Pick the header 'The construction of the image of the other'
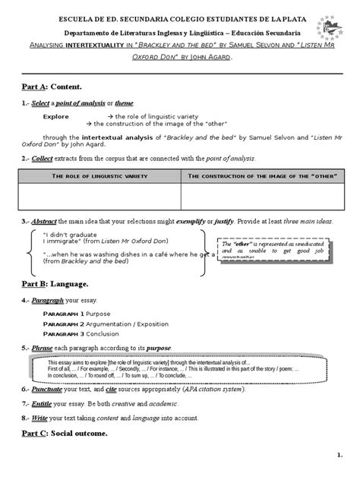point(258,176)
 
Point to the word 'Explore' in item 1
point(55,117)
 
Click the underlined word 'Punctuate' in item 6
point(48,390)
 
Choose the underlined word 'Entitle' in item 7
point(43,403)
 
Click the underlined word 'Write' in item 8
point(40,417)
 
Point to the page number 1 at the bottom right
point(339,454)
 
